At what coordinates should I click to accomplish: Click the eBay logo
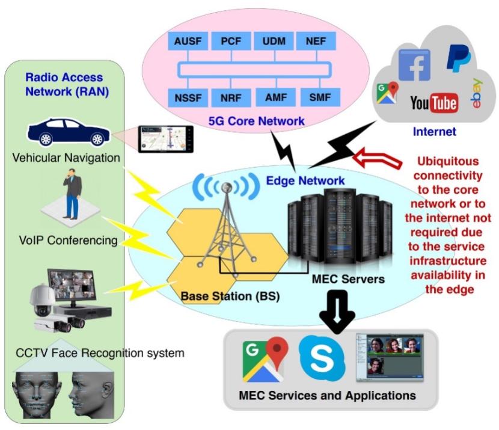[477, 96]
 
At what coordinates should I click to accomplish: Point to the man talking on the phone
[72, 195]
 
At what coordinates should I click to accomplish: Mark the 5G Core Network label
[256, 121]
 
